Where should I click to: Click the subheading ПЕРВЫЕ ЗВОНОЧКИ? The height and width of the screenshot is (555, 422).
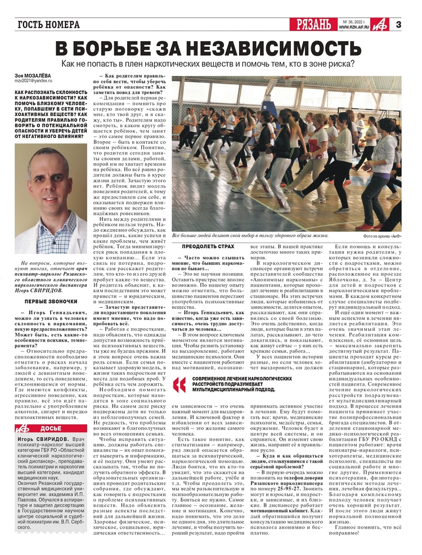50,302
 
